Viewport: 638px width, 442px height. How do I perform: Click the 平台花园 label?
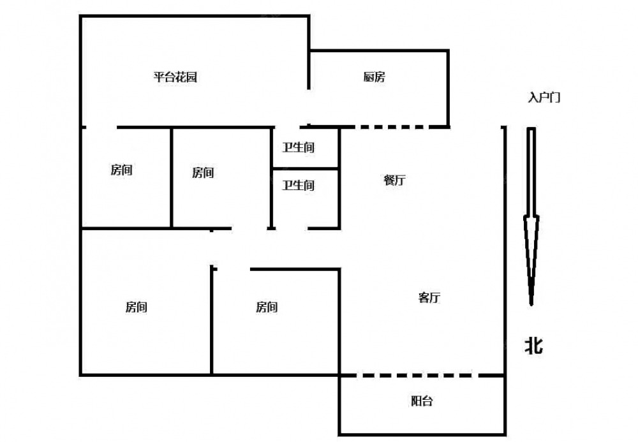(175, 78)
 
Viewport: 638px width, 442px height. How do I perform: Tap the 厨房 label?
(375, 78)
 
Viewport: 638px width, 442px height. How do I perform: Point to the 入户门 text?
(544, 98)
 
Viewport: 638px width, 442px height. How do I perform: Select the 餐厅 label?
(394, 180)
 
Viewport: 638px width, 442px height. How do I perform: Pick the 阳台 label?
(421, 401)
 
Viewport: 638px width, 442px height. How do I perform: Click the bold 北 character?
(533, 346)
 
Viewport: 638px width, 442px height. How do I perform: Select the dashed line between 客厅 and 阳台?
(421, 376)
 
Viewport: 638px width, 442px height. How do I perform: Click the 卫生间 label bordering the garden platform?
(299, 147)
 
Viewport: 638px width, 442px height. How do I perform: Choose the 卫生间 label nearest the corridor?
(299, 186)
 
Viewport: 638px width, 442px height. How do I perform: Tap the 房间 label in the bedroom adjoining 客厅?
(267, 307)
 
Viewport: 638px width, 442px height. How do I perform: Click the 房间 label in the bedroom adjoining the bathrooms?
(203, 172)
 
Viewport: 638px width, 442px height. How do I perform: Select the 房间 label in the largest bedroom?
(137, 307)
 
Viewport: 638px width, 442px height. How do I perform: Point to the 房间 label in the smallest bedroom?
(121, 170)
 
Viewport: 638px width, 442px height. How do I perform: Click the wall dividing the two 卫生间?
(305, 169)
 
